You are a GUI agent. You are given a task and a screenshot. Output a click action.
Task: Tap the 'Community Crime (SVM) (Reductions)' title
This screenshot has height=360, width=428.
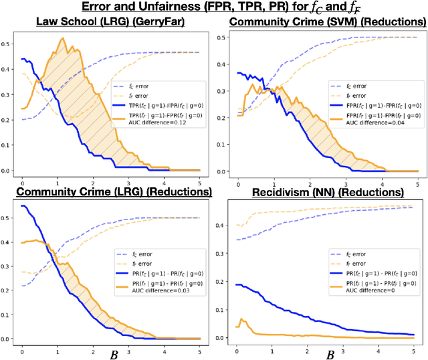[322, 23]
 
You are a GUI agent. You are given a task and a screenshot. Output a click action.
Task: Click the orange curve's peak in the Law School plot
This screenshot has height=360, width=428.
[63, 39]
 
